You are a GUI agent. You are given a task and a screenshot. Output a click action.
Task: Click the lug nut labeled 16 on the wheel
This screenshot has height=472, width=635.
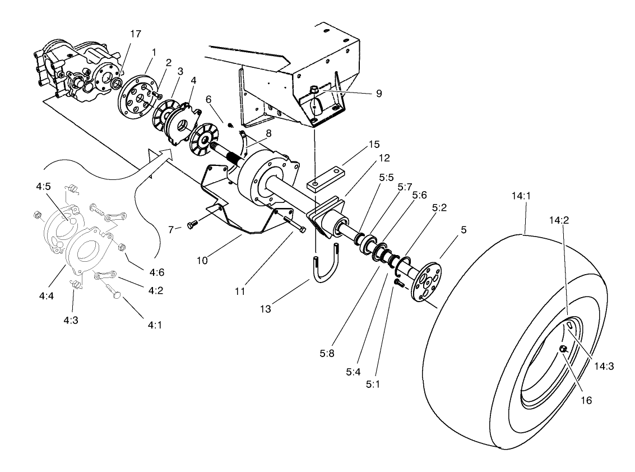tap(563, 349)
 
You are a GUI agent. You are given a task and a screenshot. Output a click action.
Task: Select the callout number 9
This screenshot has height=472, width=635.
tap(379, 94)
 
